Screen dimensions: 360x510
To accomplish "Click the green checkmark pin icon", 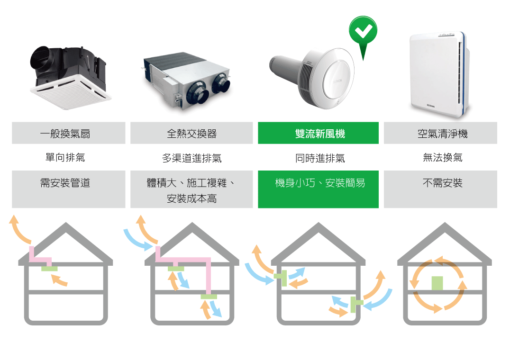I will (363, 32).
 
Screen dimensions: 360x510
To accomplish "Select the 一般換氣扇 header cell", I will (69, 133).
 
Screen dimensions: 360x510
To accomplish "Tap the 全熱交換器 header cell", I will (191, 133).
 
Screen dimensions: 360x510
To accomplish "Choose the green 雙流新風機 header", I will (319, 133).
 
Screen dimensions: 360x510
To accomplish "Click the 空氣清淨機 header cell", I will (440, 133).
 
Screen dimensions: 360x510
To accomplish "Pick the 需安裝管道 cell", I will (69, 189).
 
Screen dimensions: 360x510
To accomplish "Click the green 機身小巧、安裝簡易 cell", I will (319, 189).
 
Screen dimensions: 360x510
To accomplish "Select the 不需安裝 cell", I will (440, 189).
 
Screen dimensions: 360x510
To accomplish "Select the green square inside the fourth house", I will (437, 283).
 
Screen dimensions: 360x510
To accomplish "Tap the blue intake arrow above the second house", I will (137, 239).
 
